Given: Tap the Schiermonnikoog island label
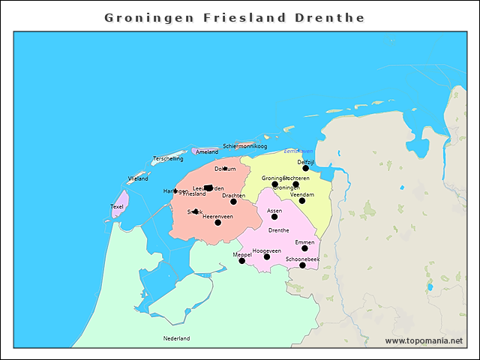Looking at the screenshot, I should tap(244, 145).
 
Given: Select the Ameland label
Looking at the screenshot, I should tap(207, 152).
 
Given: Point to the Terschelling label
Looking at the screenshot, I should tap(168, 159).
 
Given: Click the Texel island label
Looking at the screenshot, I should tap(117, 206).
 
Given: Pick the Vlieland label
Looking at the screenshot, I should tap(138, 179).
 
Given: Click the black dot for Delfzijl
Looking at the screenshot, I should tap(305, 169).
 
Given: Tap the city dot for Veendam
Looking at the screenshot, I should tap(302, 201).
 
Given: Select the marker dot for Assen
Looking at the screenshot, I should tap(274, 217).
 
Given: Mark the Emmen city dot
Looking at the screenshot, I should tap(304, 248).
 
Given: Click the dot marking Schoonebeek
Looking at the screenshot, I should tap(302, 265).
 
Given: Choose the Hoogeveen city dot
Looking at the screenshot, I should tap(266, 257).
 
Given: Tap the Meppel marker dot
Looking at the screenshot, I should tap(241, 261).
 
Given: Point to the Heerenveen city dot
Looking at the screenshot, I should tap(217, 223).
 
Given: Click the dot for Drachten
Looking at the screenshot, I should tap(233, 202).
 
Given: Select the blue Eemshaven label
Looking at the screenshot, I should tap(298, 151).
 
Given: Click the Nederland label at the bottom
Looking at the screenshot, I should tap(176, 338).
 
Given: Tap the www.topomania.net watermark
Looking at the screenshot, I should tap(424, 340).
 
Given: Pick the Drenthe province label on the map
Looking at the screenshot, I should tap(278, 230).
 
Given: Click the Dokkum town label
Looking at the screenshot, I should tap(225, 169).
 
